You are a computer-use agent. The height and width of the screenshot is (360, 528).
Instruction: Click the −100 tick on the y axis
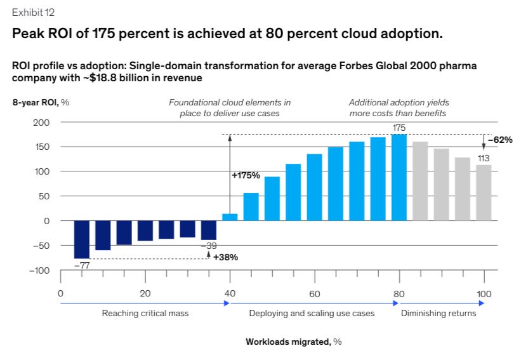tap(39, 270)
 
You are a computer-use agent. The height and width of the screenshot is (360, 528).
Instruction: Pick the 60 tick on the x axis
tap(314, 293)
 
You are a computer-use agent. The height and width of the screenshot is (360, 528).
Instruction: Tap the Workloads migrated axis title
tap(293, 342)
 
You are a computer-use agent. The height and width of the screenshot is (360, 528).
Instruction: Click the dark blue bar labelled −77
tap(81, 239)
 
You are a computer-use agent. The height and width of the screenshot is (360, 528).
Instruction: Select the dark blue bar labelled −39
tap(209, 230)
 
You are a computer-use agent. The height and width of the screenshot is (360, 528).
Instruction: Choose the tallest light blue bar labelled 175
tap(399, 178)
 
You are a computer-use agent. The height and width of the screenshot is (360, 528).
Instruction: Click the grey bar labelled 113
tap(484, 193)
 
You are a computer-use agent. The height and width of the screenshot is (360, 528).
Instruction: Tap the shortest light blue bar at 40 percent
tap(230, 217)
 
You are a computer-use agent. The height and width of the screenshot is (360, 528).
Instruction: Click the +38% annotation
tap(225, 257)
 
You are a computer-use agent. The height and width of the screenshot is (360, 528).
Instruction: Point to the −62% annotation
tap(500, 140)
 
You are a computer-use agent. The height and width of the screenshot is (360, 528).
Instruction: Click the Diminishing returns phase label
tap(438, 314)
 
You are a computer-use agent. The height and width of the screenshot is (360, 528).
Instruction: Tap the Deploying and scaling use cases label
tap(312, 314)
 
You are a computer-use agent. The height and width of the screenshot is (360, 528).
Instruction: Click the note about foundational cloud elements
tap(230, 107)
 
